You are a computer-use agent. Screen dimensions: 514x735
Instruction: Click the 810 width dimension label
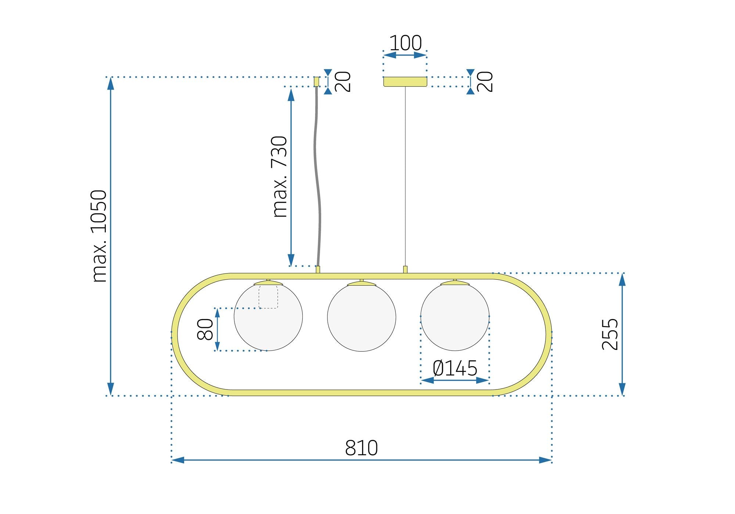361,448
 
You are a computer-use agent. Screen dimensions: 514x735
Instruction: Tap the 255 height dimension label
610,334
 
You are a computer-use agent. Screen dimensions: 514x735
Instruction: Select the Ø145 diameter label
455,368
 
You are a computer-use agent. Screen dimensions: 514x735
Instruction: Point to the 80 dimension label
205,329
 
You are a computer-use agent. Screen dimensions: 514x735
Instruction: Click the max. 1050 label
99,236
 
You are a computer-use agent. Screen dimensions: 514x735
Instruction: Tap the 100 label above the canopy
405,43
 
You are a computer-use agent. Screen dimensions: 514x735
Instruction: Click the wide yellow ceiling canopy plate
405,82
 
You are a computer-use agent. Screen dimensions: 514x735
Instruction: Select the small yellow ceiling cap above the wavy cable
316,81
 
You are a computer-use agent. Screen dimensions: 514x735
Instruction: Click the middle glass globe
361,318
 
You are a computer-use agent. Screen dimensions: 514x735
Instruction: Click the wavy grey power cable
316,176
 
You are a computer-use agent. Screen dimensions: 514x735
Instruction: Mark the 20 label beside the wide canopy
486,82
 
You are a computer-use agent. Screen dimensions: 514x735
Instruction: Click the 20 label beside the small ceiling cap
344,82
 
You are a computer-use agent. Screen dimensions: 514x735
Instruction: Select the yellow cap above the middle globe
361,283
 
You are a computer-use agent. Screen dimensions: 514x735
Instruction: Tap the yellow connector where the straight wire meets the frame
405,269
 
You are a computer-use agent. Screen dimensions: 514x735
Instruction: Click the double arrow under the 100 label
405,55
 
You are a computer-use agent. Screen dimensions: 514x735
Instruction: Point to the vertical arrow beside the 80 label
217,329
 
